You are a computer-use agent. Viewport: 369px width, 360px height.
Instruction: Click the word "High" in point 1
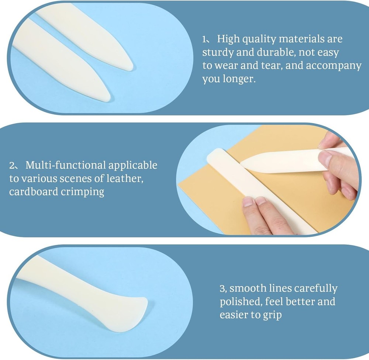tap(229, 39)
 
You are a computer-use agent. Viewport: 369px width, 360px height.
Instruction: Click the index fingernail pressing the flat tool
tap(248, 201)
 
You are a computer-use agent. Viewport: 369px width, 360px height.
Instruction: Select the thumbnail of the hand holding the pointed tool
tap(324, 159)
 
